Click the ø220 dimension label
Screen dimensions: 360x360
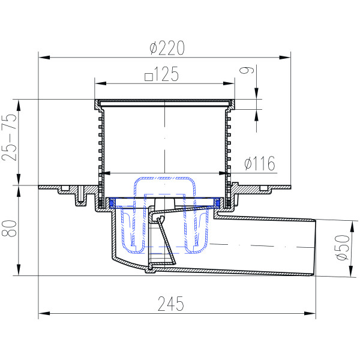167,48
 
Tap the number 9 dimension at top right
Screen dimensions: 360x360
247,70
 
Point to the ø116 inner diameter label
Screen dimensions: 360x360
260,163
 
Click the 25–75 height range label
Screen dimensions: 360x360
10,137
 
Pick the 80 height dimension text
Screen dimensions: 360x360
10,228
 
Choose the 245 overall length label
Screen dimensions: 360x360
171,304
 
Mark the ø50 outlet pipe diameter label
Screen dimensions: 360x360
343,247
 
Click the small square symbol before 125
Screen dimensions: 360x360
149,77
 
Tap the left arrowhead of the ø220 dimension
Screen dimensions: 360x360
44,57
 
